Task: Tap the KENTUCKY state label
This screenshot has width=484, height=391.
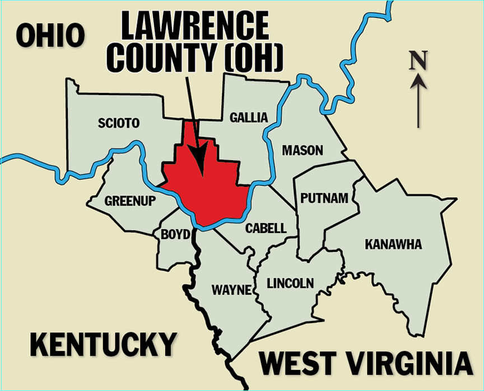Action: pos(103,345)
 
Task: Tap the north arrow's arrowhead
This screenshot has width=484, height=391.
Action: pos(418,82)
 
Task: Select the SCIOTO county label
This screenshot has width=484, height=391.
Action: pos(118,123)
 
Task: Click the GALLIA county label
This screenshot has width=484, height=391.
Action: pos(249,117)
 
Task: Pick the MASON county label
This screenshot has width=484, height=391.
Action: pos(302,151)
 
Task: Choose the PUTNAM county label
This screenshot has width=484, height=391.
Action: pos(324,198)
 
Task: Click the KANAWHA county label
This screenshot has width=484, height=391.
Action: pos(393,245)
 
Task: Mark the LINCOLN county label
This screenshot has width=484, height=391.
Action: pos(290,283)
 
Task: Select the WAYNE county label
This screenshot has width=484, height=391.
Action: pos(231,290)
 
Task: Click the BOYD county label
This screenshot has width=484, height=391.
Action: pos(176,235)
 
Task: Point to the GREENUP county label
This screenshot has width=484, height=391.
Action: pos(130,201)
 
